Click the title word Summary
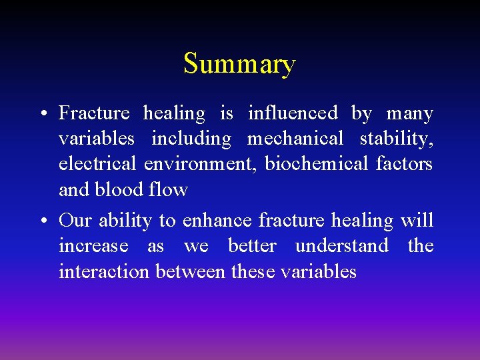click(x=239, y=65)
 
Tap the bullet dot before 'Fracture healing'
click(x=42, y=115)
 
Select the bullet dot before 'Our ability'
click(x=42, y=221)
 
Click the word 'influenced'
click(x=293, y=113)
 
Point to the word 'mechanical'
click(x=295, y=139)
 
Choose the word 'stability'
click(x=396, y=139)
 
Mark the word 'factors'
click(x=405, y=164)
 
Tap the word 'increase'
click(x=93, y=246)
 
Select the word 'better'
click(x=252, y=246)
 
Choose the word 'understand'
click(x=341, y=246)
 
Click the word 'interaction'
click(x=105, y=271)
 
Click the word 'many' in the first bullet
click(x=409, y=115)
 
